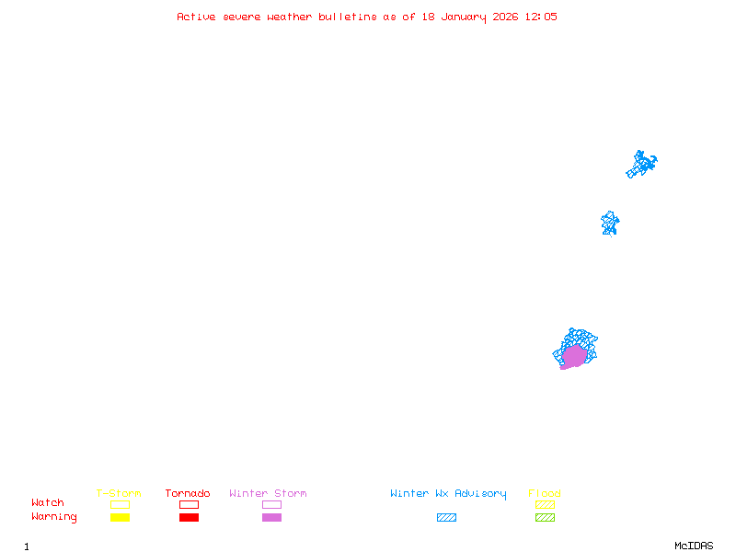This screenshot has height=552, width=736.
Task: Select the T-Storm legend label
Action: [x=119, y=493]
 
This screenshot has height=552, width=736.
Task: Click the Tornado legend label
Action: [x=188, y=493]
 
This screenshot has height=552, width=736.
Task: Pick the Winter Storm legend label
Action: [x=268, y=493]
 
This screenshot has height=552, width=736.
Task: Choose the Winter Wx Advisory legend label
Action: [x=448, y=493]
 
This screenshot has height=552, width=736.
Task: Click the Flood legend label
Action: [x=545, y=493]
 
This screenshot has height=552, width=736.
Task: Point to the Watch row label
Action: [x=48, y=503]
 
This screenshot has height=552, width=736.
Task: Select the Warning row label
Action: [x=54, y=517]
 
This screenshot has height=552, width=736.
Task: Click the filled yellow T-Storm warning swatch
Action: [x=120, y=517]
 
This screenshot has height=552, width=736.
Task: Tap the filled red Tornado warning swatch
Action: [x=189, y=517]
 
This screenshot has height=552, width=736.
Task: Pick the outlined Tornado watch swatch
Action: [x=189, y=504]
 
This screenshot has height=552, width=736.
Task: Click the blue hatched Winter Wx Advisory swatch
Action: [x=446, y=517]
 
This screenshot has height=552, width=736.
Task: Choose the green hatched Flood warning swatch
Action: [x=545, y=517]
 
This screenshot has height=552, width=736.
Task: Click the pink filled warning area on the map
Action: [x=573, y=356]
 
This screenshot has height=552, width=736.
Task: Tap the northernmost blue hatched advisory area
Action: [x=641, y=164]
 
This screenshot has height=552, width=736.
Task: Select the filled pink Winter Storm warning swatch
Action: [x=271, y=517]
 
